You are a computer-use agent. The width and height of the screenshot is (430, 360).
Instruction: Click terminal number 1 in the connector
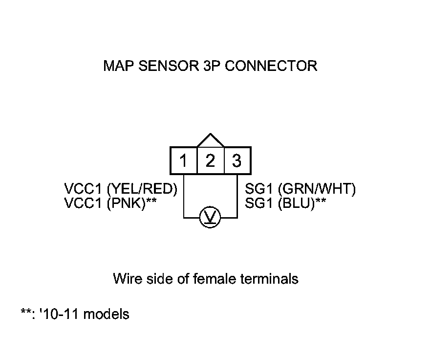[183, 160]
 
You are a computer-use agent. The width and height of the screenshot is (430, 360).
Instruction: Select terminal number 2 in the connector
[210, 160]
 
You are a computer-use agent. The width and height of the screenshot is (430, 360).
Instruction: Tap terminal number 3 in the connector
[237, 160]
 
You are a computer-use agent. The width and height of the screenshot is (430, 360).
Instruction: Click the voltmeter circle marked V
[210, 217]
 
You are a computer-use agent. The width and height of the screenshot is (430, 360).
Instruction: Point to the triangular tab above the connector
[210, 141]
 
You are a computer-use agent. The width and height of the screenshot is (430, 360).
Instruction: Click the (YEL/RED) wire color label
[142, 189]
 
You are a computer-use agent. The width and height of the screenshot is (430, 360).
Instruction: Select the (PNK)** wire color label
[131, 203]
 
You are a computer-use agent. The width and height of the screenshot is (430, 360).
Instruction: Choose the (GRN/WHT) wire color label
[317, 189]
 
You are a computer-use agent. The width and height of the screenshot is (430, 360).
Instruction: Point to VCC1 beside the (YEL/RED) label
[84, 189]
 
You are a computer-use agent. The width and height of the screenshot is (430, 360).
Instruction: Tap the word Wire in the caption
[126, 279]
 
